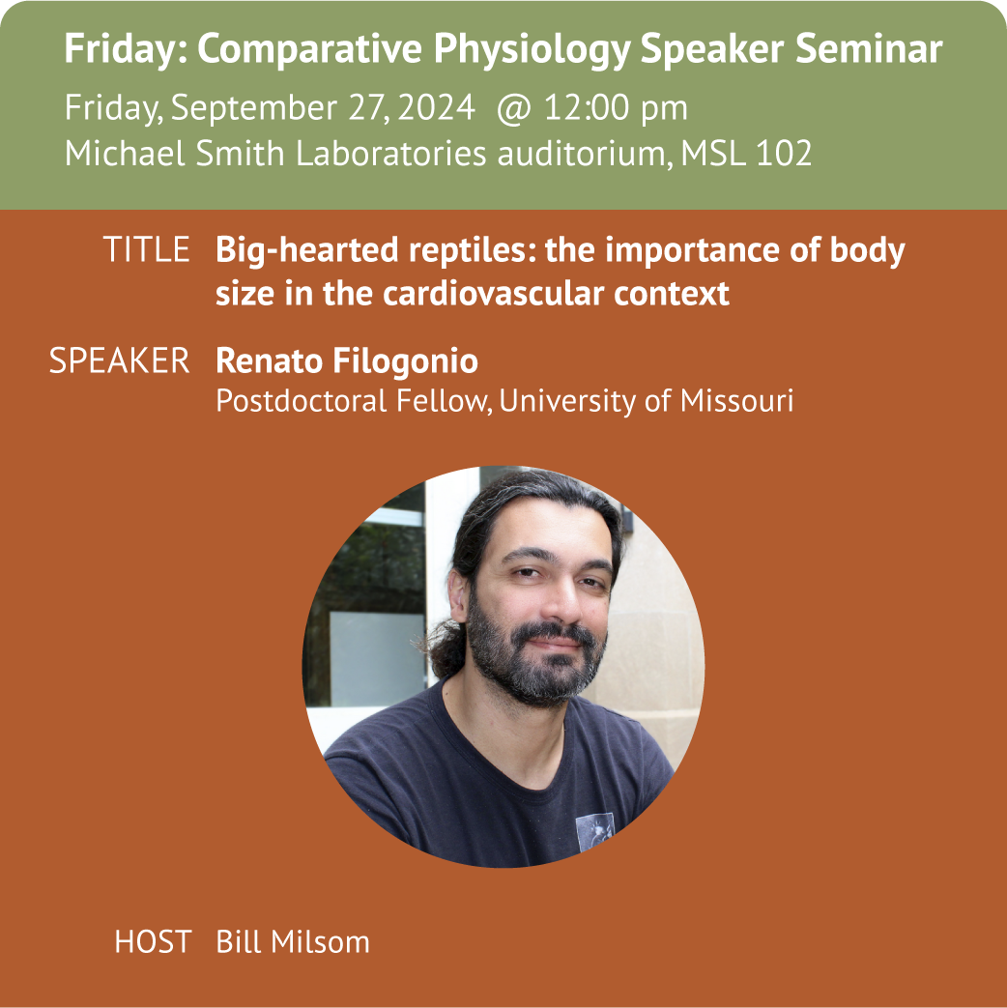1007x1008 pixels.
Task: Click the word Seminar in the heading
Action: click(x=869, y=48)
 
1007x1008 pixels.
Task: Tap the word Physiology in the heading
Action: click(x=532, y=50)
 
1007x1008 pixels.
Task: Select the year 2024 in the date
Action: click(x=436, y=107)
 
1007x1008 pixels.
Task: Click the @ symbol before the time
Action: click(x=514, y=107)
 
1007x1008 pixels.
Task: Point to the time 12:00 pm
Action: click(x=616, y=108)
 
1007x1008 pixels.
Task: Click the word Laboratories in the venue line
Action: click(x=391, y=154)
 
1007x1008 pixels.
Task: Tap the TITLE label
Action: click(x=146, y=249)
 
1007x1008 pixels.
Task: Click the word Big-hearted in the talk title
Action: click(x=307, y=250)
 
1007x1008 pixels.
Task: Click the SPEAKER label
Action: click(x=120, y=360)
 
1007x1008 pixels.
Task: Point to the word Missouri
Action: click(x=737, y=400)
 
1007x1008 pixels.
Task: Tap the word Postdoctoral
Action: click(x=301, y=400)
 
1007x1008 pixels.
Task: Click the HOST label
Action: click(x=153, y=942)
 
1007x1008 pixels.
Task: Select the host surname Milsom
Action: click(x=320, y=942)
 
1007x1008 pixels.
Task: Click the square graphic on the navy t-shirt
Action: click(x=594, y=832)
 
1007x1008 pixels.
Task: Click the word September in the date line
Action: click(x=254, y=108)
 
